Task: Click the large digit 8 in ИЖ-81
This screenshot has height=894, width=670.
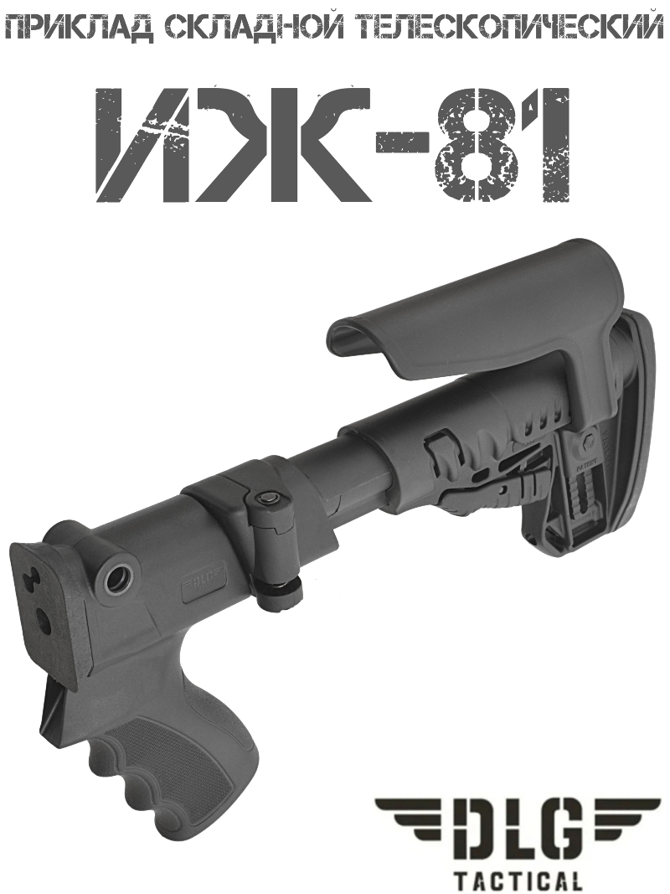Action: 473,142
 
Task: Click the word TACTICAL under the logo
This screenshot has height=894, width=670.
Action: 518,881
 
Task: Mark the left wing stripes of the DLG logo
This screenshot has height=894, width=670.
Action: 409,816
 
